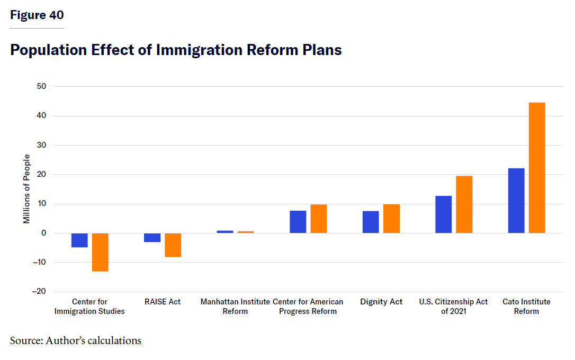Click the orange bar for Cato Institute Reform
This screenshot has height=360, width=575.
point(537,168)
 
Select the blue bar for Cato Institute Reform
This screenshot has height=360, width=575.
point(516,201)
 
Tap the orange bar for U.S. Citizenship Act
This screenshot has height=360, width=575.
point(464,204)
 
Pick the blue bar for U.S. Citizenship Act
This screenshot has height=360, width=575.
point(444,214)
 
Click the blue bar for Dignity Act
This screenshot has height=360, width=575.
point(371,222)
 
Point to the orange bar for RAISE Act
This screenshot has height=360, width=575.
point(173,245)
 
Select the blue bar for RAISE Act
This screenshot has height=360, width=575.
point(152,238)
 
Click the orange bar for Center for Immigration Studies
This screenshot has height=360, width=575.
point(100,252)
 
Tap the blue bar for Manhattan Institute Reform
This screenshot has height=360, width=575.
point(225,232)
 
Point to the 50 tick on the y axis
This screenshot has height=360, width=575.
point(42,86)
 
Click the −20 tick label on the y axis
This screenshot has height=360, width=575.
point(39,292)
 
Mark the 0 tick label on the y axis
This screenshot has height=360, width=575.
point(44,233)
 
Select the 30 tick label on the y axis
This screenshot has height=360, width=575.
point(42,145)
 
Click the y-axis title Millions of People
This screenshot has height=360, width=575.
point(27,189)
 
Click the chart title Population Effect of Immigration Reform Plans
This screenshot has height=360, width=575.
point(176,50)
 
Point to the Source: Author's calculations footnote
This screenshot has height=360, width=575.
point(76,340)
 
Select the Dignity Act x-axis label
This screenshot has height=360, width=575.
point(381,302)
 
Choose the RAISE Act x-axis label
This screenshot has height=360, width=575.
point(163,302)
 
